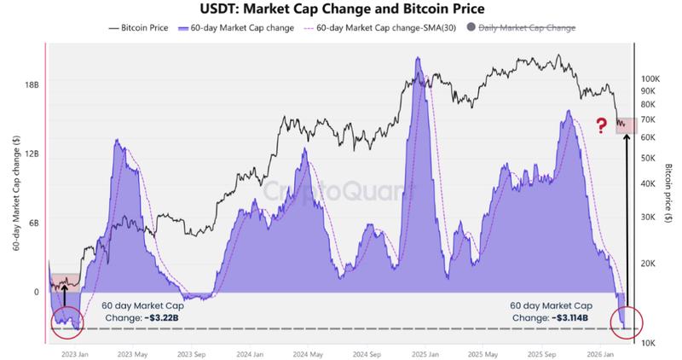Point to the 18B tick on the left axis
pyautogui.click(x=32, y=84)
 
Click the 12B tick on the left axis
pyautogui.click(x=32, y=154)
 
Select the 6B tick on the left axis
pyautogui.click(x=34, y=223)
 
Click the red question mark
pyautogui.click(x=602, y=126)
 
